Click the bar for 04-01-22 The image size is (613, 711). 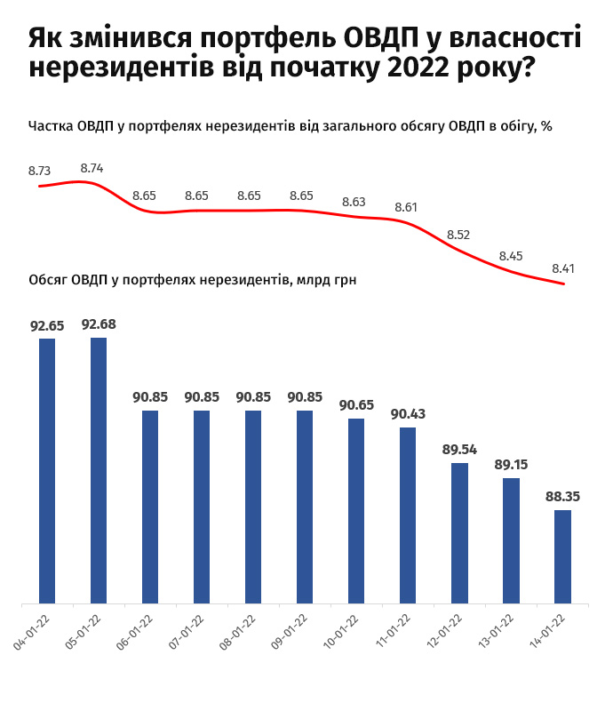click(47, 471)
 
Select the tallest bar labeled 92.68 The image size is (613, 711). click(99, 471)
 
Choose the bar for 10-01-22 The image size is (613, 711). click(356, 511)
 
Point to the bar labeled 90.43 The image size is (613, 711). click(408, 515)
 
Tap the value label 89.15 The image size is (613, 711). click(511, 464)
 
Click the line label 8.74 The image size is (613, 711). click(92, 167)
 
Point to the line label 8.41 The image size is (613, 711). click(563, 267)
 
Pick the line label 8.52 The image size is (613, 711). click(458, 235)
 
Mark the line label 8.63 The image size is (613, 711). click(354, 202)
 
